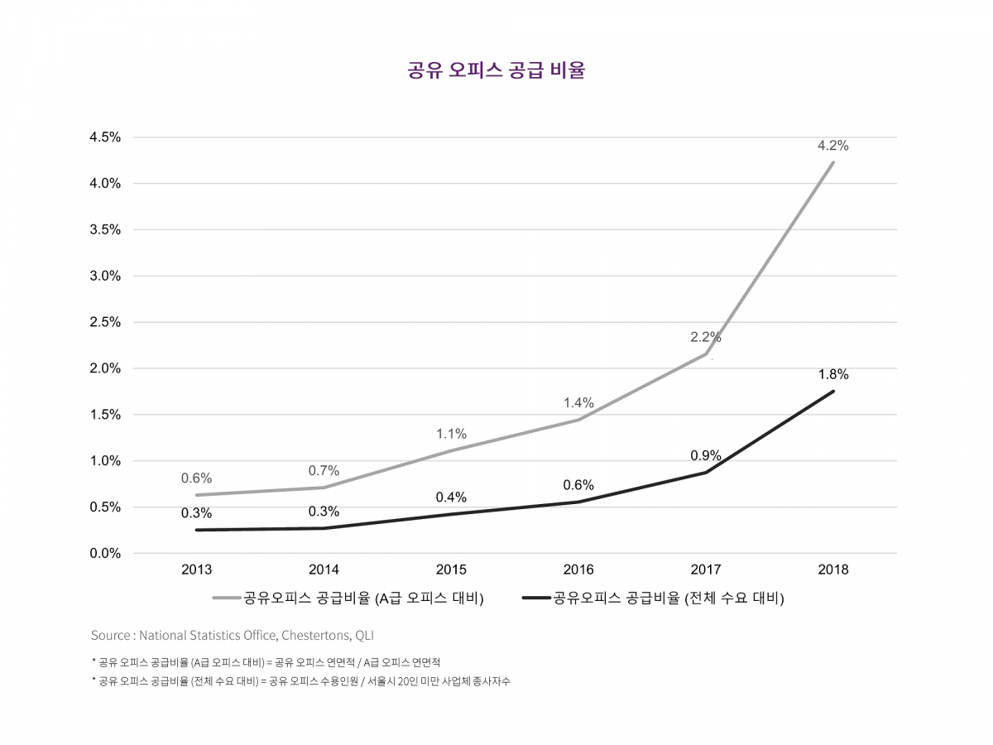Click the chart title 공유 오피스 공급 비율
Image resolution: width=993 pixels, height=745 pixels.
496,70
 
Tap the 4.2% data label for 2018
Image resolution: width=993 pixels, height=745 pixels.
832,146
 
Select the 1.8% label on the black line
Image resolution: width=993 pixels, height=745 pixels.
832,374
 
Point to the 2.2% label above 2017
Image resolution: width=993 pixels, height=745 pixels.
706,337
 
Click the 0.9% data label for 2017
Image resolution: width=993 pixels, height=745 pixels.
706,455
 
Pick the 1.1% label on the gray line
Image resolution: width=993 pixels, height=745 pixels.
451,434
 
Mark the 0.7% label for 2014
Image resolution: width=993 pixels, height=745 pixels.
324,470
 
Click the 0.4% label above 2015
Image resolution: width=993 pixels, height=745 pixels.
451,497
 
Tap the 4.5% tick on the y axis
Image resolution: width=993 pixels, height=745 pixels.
105,137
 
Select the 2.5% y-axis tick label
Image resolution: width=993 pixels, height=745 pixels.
105,322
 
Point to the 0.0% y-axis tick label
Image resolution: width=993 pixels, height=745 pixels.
105,553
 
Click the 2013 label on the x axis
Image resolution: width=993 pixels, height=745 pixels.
196,570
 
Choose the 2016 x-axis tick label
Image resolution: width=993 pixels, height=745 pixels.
578,570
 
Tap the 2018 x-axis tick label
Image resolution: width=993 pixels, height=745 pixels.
832,570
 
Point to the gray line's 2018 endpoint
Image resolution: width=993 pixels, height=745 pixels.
832,162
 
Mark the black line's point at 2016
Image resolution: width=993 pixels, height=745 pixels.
578,502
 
